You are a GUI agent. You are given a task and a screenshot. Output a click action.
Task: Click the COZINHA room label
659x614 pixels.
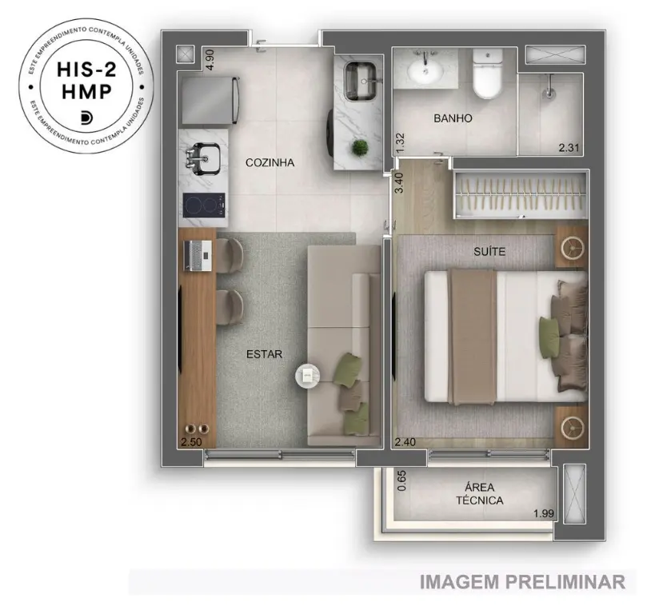(x=270, y=162)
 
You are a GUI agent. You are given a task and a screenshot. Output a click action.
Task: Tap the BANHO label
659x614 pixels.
(x=453, y=118)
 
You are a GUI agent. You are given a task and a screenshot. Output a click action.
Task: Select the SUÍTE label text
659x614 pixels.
(x=489, y=251)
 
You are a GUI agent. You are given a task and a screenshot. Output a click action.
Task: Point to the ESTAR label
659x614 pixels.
(x=265, y=354)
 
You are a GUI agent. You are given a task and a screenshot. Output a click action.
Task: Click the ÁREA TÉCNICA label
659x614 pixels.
(x=480, y=494)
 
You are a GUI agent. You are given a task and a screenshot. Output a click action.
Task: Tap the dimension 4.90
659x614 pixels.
(x=210, y=60)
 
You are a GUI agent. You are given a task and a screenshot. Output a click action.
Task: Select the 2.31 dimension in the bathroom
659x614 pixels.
(x=569, y=148)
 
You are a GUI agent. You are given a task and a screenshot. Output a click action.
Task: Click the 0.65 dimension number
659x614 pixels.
(x=401, y=480)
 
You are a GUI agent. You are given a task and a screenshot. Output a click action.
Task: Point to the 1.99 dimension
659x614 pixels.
(x=543, y=513)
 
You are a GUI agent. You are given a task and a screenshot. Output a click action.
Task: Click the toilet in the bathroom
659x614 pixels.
(x=488, y=73)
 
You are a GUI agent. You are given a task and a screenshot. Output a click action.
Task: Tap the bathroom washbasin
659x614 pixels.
(x=425, y=70)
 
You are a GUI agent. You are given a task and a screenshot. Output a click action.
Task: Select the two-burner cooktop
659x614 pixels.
(x=204, y=205)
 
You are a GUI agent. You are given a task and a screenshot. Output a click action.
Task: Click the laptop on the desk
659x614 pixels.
(x=198, y=255)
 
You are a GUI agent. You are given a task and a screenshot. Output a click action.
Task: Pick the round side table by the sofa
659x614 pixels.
(x=308, y=375)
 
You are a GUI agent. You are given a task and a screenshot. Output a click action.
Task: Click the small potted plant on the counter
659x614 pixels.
(x=360, y=148)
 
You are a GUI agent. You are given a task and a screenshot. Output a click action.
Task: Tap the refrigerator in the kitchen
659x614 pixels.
(x=210, y=100)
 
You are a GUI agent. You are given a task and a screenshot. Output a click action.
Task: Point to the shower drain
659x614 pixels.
(x=549, y=94)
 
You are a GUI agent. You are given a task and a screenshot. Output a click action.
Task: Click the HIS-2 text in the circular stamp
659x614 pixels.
(x=86, y=70)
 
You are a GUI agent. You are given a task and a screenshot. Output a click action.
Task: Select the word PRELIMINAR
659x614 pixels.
(x=565, y=582)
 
